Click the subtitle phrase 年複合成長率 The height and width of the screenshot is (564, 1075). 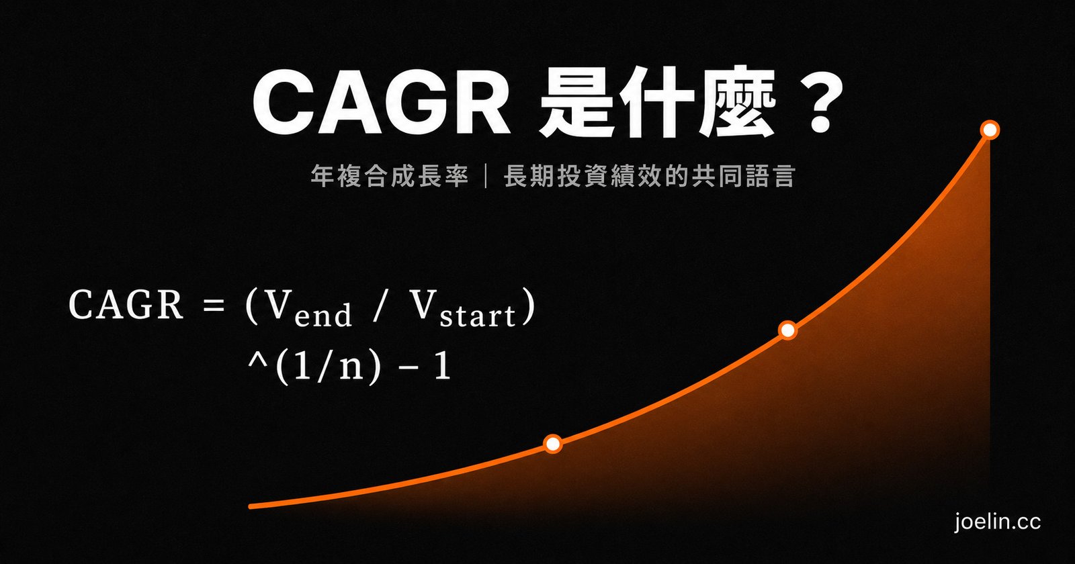(389, 175)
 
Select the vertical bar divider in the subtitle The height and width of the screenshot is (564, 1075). (486, 175)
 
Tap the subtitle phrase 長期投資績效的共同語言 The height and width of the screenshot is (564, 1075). (650, 175)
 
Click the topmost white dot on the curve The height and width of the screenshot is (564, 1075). (990, 130)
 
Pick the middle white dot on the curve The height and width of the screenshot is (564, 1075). (787, 330)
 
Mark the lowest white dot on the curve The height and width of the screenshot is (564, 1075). (553, 444)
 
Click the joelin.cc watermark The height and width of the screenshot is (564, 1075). (997, 522)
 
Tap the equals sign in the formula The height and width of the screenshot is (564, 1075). (214, 305)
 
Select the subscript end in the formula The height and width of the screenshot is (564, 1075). (323, 314)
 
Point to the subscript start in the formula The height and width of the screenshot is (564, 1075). (478, 316)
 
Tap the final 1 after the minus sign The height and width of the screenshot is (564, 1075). (442, 366)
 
